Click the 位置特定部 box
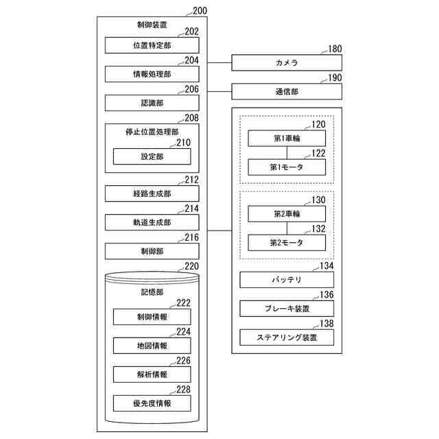click(152, 45)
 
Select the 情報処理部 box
click(152, 74)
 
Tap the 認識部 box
click(152, 103)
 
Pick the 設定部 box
click(152, 156)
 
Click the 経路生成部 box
click(152, 193)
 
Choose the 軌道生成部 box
click(152, 222)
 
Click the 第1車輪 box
click(287, 138)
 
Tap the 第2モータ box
click(287, 242)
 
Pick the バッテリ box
click(287, 280)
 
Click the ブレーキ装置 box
click(287, 309)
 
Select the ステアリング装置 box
click(287, 337)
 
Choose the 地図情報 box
click(152, 346)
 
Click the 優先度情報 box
click(152, 403)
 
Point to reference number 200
click(202, 11)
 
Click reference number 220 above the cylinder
click(192, 266)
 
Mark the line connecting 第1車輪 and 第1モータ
click(287, 152)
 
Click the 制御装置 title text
click(152, 25)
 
